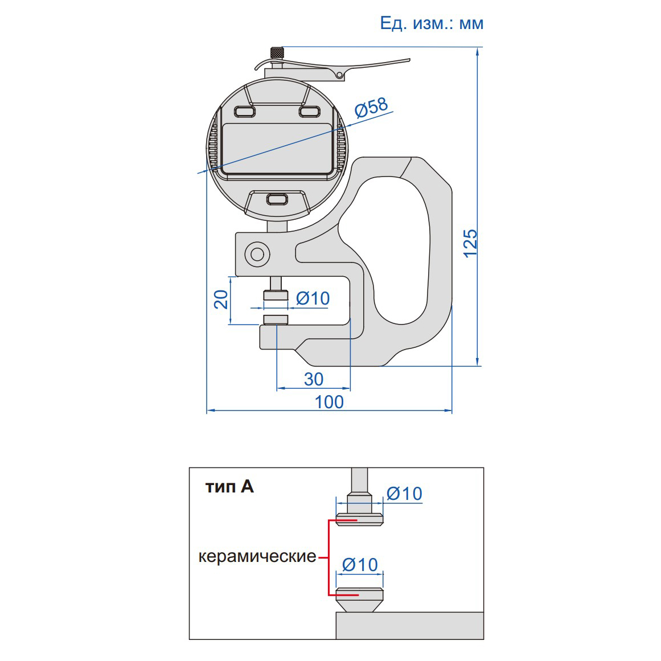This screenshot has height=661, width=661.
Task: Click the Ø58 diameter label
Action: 371,108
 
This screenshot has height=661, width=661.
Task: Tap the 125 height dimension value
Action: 470,243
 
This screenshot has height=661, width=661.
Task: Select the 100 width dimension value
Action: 329,402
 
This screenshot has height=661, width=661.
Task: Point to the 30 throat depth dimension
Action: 314,379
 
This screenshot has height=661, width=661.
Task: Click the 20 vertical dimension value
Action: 221,299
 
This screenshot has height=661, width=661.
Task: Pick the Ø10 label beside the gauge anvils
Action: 313,298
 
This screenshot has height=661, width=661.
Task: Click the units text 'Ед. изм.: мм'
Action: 432,23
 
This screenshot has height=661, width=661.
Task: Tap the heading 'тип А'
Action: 229,487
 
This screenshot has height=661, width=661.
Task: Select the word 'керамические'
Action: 257,556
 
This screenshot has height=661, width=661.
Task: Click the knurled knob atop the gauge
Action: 277,53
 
